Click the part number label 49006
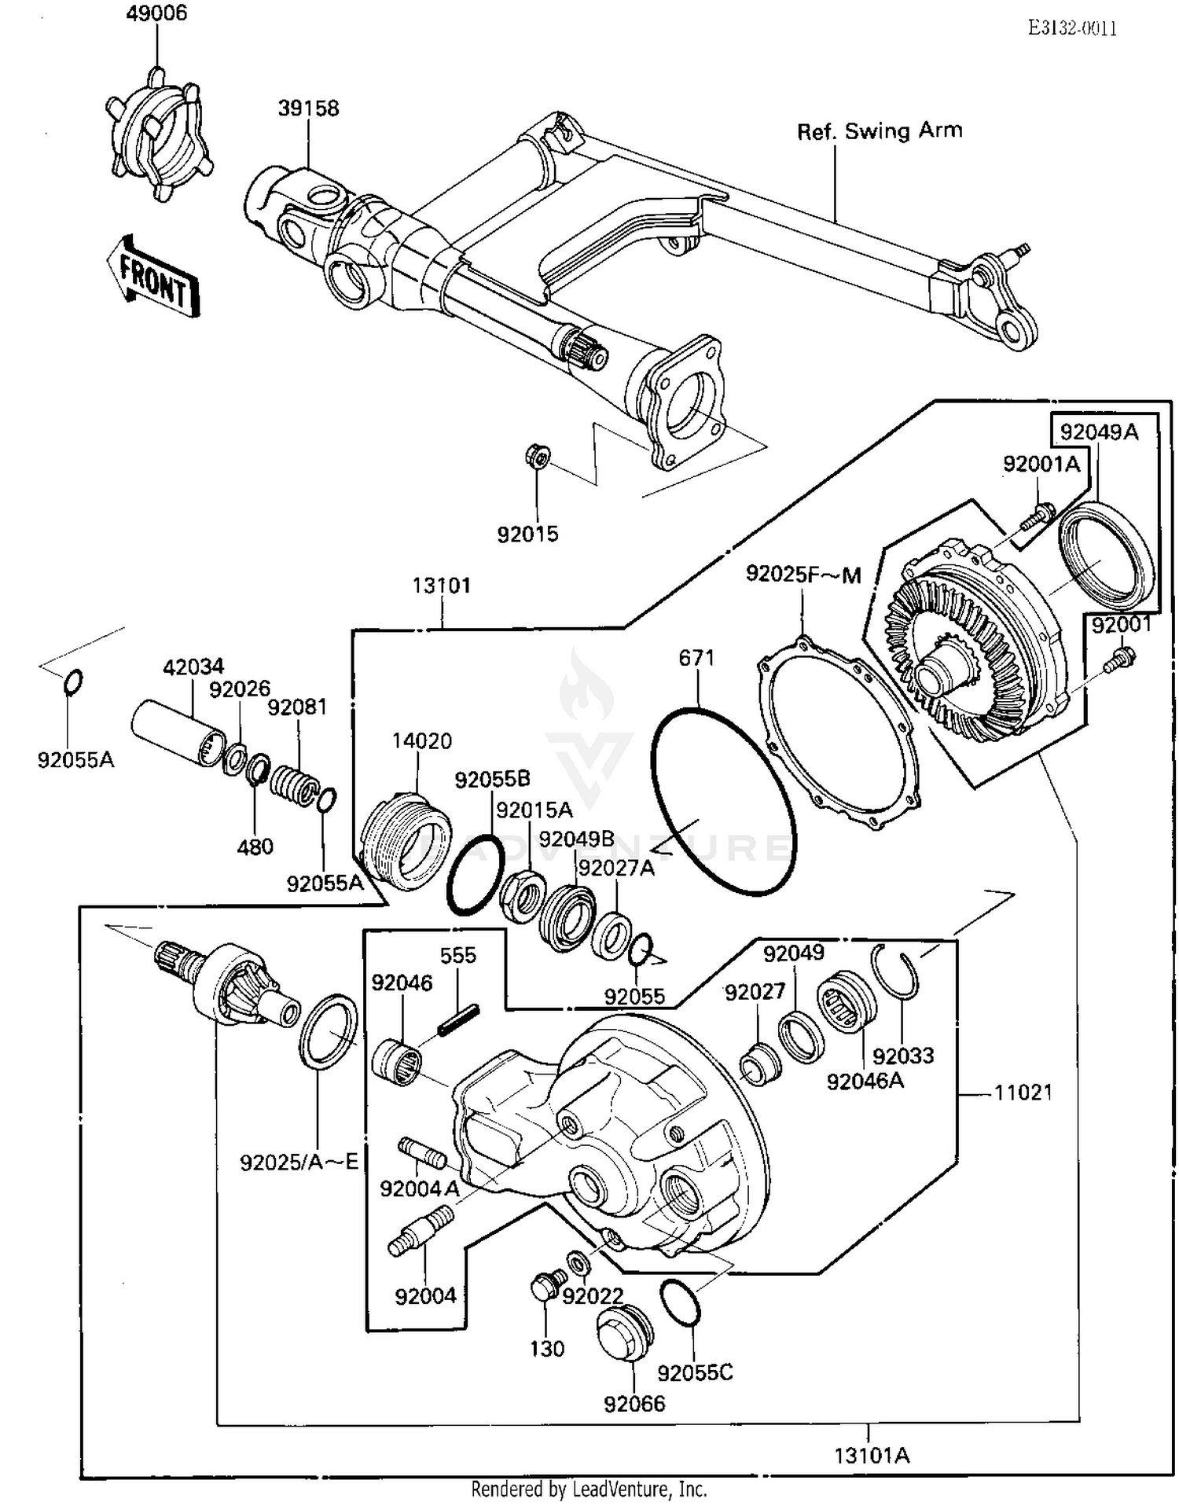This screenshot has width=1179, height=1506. coord(156,13)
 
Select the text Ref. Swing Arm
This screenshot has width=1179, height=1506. coord(879,131)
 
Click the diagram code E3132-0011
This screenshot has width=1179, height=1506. coord(1072,28)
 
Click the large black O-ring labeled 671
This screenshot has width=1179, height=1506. coord(722,801)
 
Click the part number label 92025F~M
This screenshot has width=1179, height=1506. coord(803,575)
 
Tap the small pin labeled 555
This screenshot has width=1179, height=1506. coord(458,1019)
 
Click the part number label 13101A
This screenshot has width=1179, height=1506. coord(871,1456)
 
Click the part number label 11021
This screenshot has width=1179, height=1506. coord(1023,1093)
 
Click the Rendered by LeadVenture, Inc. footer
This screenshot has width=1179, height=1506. coord(589,1489)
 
